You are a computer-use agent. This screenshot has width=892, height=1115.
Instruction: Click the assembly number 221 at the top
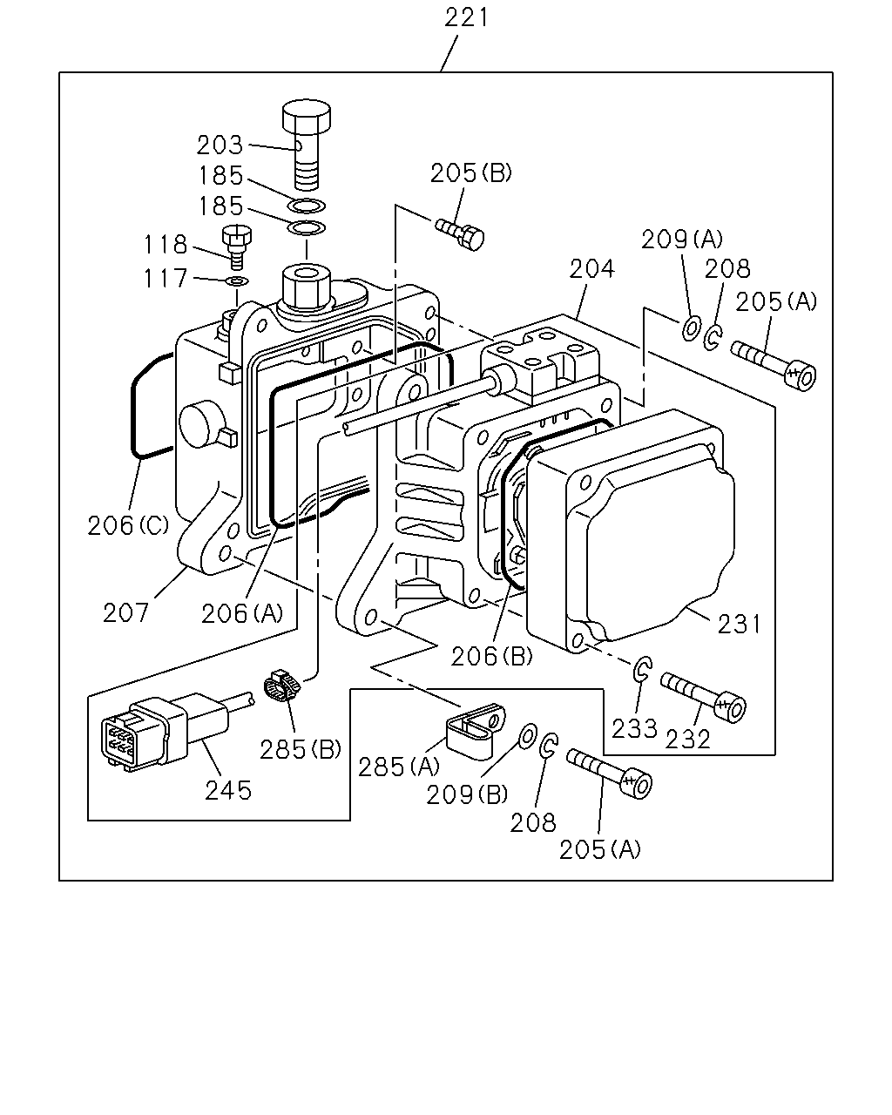coord(466,17)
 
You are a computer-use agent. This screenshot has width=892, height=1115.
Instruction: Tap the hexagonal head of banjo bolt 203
coord(307,115)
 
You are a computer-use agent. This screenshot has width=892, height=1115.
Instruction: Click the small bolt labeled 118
coord(236,247)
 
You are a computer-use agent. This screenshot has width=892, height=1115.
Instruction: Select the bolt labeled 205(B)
coord(460,233)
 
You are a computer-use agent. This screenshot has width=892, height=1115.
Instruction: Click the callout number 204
coord(591,269)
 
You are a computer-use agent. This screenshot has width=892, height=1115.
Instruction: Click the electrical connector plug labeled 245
coord(166,731)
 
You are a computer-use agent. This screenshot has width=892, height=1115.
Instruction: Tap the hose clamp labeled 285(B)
coord(282,685)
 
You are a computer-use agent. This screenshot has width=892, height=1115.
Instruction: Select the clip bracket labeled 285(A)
coord(474,731)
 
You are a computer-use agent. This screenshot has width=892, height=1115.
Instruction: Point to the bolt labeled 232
coord(702,698)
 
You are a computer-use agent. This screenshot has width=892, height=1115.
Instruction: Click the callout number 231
coord(739,625)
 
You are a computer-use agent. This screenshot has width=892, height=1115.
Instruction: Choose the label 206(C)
coord(128,526)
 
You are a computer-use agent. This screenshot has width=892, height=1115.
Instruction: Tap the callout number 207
coord(126,613)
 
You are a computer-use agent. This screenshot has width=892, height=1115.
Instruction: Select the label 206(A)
coord(242,614)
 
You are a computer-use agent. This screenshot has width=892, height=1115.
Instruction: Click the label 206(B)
coord(492,657)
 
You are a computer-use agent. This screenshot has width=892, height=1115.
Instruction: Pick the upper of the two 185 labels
coord(220,176)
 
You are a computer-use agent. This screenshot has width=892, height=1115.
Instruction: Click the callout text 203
coord(220,145)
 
